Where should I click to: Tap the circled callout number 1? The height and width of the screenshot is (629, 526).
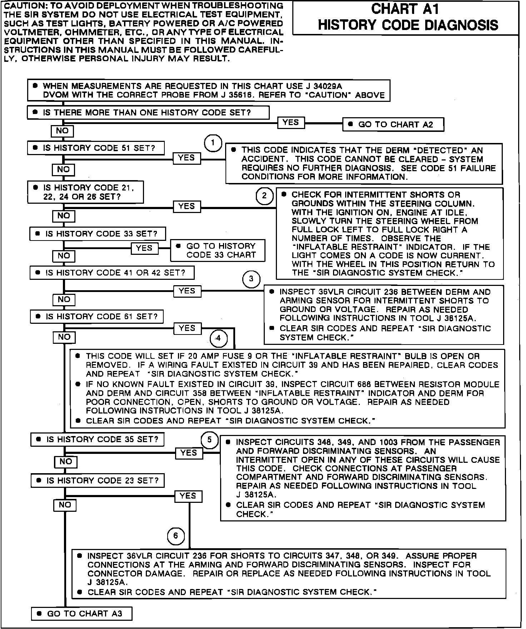click(x=213, y=144)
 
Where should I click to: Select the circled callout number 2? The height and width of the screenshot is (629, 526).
click(x=264, y=196)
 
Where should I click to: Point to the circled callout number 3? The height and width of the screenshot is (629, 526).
click(x=251, y=279)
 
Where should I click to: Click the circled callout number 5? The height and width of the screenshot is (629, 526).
click(x=209, y=440)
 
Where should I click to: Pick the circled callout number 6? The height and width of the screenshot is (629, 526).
click(x=175, y=536)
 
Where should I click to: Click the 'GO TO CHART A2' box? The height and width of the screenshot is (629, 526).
click(x=393, y=125)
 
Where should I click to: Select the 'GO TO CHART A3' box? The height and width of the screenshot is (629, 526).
click(x=82, y=614)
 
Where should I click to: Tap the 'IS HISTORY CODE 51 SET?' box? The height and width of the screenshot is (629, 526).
click(x=96, y=148)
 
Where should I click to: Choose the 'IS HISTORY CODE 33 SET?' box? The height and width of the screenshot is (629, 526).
click(x=98, y=234)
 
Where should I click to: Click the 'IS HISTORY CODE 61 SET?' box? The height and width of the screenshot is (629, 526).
click(x=97, y=317)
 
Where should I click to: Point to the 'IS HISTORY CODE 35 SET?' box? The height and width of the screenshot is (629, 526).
click(x=98, y=440)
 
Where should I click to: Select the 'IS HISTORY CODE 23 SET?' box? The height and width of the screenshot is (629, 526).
click(x=98, y=481)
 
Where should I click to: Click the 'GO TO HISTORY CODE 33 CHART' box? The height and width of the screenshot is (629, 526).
click(x=218, y=251)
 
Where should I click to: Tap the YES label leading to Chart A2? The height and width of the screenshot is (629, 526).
click(x=291, y=123)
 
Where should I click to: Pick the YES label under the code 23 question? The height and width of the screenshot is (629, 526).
click(x=188, y=496)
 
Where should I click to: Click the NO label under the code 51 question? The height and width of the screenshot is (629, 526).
click(x=63, y=169)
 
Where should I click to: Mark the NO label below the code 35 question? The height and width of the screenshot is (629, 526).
click(x=66, y=462)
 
